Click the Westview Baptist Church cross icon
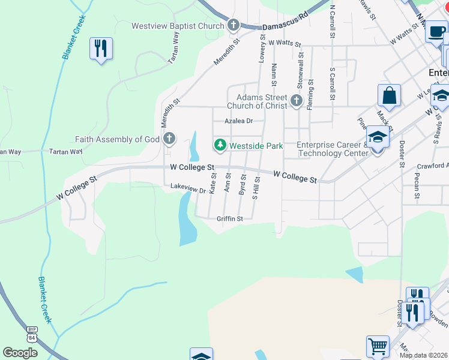[x=234, y=25]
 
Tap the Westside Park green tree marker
[x=220, y=145]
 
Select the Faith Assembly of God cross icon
[x=169, y=139]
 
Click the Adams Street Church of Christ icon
[x=296, y=101]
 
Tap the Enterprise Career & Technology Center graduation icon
[x=378, y=138]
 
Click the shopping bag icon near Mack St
[x=389, y=95]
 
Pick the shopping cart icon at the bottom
[x=378, y=346]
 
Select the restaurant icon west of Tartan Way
[x=101, y=48]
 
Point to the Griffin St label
[x=229, y=219]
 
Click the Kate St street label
[x=213, y=182]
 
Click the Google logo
[x=20, y=353]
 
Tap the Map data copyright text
[x=423, y=355]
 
